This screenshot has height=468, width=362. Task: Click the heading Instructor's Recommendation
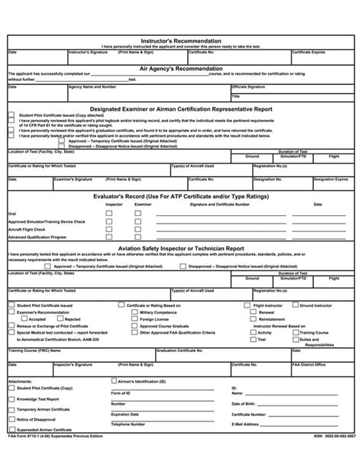coord(181,40)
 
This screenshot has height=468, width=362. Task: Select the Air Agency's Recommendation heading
coord(181,68)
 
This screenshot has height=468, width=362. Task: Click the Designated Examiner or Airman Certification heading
coord(181,109)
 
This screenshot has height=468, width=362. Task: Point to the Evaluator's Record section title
coord(181,197)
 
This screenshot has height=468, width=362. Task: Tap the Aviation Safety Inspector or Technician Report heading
coord(181,248)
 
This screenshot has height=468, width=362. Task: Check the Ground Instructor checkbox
coord(294,305)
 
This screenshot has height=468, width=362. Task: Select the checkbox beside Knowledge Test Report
coord(11,399)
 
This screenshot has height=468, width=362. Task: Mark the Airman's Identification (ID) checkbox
coord(115,379)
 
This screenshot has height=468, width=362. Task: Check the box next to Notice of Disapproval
coord(11,420)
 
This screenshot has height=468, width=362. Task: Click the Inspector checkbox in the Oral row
coord(108,213)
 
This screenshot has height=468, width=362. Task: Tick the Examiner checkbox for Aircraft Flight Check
coord(137,229)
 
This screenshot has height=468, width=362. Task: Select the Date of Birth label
coord(245,402)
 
